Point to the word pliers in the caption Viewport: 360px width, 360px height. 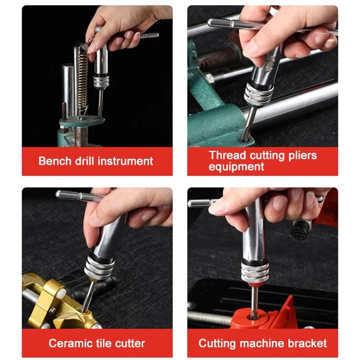[x=301, y=156]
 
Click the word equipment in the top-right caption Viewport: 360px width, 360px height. [x=236, y=167]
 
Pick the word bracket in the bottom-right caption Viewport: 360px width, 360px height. [x=308, y=343]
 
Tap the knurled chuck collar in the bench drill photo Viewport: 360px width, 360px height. [x=101, y=81]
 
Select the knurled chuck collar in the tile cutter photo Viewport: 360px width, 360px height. [x=99, y=268]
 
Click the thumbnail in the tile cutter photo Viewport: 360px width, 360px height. [x=95, y=219]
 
